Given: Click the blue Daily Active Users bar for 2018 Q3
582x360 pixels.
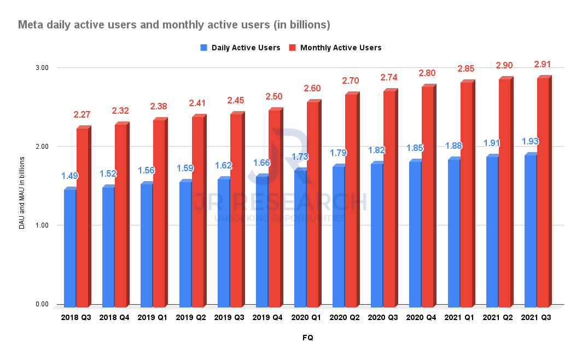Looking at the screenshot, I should tap(69, 247).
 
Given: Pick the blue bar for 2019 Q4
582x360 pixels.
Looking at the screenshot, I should tap(261, 241).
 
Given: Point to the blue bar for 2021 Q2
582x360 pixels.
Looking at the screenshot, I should tap(492, 231).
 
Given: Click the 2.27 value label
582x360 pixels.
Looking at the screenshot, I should tap(82, 115).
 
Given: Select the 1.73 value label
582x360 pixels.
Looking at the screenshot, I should tap(300, 156).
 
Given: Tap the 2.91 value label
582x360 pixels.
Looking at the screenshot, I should tap(543, 65).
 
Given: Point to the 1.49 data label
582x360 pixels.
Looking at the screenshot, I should tap(69, 176).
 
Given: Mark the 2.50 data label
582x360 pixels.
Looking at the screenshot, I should tap(273, 97).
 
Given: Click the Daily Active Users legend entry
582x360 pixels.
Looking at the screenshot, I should tap(241, 48).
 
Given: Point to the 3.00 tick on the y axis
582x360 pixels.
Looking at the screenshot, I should tap(42, 68).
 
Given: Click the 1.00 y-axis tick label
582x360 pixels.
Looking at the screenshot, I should tap(42, 225).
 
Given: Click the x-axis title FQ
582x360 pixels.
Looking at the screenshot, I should tap(307, 338).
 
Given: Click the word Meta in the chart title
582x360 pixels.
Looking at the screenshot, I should tap(30, 25).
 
